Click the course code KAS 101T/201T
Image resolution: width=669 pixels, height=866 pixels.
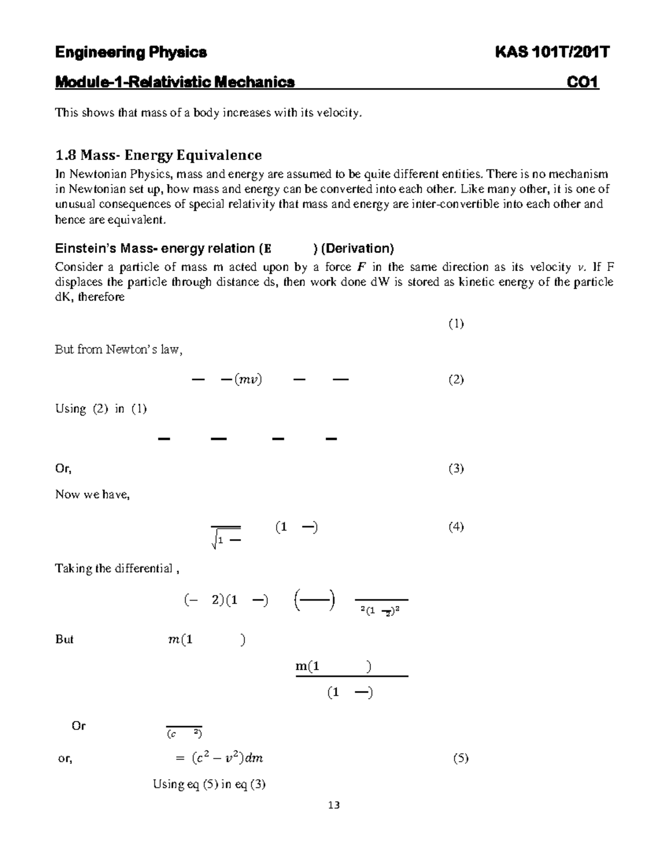[x=552, y=52]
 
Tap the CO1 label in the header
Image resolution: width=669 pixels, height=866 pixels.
[x=583, y=83]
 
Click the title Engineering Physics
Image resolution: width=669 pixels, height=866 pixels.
[x=131, y=52]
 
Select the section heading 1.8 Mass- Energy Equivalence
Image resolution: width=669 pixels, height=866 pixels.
[x=158, y=154]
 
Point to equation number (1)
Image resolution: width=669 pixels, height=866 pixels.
[x=456, y=323]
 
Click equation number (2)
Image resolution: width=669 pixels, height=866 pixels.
[x=456, y=380]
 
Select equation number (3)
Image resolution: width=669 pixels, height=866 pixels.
[x=456, y=468]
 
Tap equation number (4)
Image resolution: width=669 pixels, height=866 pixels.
[x=456, y=526]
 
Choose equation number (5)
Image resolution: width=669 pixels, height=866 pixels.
[x=460, y=758]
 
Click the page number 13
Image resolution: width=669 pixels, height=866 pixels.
[x=334, y=805]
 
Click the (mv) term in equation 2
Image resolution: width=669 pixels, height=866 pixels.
[x=248, y=380]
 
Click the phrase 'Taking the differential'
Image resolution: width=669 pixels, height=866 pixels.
[x=114, y=569]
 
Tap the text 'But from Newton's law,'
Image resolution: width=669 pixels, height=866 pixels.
[x=119, y=350]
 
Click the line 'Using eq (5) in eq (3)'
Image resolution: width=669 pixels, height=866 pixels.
[x=209, y=784]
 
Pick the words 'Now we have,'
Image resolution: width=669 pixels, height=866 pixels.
[x=92, y=495]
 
